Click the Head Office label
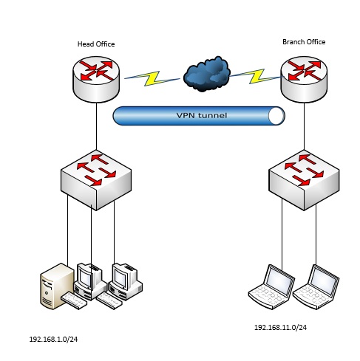pyautogui.click(x=96, y=44)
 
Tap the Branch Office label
pyautogui.click(x=304, y=42)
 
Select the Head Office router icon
pyautogui.click(x=96, y=79)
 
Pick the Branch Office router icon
pyautogui.click(x=304, y=79)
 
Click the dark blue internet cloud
pyautogui.click(x=207, y=74)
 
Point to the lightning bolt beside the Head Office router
pyautogui.click(x=152, y=78)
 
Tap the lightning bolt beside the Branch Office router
pyautogui.click(x=256, y=76)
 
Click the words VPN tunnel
pyautogui.click(x=202, y=115)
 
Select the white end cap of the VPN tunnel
pyautogui.click(x=276, y=116)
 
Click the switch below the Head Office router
pyautogui.click(x=96, y=180)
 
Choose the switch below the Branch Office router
pyautogui.click(x=304, y=180)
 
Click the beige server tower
pyautogui.click(x=57, y=286)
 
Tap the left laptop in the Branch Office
pyautogui.click(x=271, y=286)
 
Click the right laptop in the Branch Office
pyautogui.click(x=316, y=286)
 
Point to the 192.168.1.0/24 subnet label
pyautogui.click(x=53, y=340)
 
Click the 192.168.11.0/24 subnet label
pyautogui.click(x=280, y=328)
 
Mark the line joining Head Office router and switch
pyautogui.click(x=96, y=126)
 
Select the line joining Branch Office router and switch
pyautogui.click(x=304, y=126)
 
